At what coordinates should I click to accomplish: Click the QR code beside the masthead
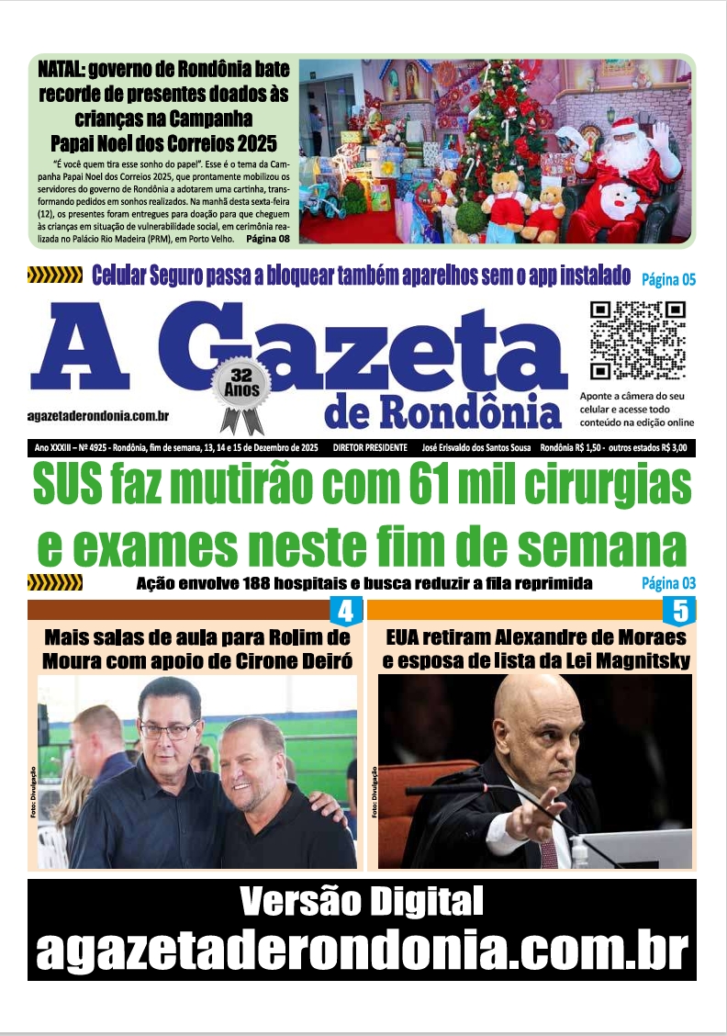[x=636, y=341]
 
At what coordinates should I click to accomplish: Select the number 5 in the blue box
[x=679, y=612]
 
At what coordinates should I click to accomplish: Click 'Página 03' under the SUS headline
[x=668, y=583]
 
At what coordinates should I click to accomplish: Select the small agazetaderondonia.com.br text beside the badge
[x=98, y=416]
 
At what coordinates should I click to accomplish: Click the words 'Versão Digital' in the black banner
[x=361, y=902]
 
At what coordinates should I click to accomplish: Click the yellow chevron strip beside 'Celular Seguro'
[x=55, y=275]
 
